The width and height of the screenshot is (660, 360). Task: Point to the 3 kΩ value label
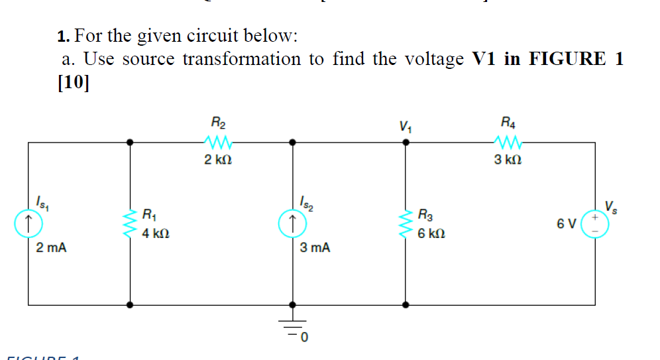pos(507,160)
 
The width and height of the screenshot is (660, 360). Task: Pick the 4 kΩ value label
pos(156,233)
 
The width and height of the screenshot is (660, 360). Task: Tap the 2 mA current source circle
pos(28,223)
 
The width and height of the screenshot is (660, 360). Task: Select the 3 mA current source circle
pos(292,223)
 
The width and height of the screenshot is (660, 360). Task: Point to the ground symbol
pos(292,327)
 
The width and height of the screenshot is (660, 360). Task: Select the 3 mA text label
pos(315,249)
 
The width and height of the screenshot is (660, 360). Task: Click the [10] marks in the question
pos(74,84)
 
